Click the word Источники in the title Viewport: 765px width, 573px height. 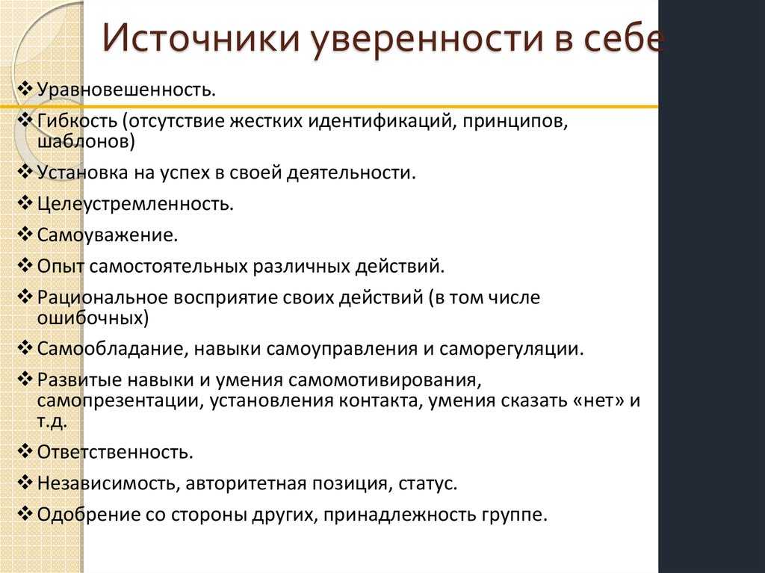pos(200,38)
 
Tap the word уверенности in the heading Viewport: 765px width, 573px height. pos(427,39)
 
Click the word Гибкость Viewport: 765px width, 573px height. pos(77,120)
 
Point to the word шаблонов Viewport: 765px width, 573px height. pos(85,141)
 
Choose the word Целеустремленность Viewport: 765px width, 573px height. pos(135,204)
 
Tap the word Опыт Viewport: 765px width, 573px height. pos(61,267)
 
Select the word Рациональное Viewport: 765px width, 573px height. pos(102,298)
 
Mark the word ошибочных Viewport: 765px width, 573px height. pos(93,318)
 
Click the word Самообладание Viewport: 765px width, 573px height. pos(113,350)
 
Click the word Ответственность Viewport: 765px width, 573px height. pos(115,453)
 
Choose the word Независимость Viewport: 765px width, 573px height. pos(109,483)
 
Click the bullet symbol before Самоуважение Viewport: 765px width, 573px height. pos(25,235)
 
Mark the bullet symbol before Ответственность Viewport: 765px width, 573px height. pos(25,451)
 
